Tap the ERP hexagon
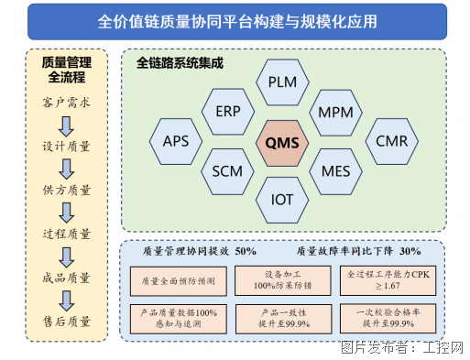(x=228, y=112)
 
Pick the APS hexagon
(x=176, y=142)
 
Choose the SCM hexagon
(x=228, y=171)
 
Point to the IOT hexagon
(x=282, y=199)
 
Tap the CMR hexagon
(x=391, y=142)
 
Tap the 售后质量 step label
(x=67, y=322)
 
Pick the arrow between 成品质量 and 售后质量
(x=66, y=300)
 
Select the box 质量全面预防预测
(x=175, y=280)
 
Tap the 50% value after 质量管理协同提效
(x=246, y=251)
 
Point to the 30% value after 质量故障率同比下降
(x=410, y=251)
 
